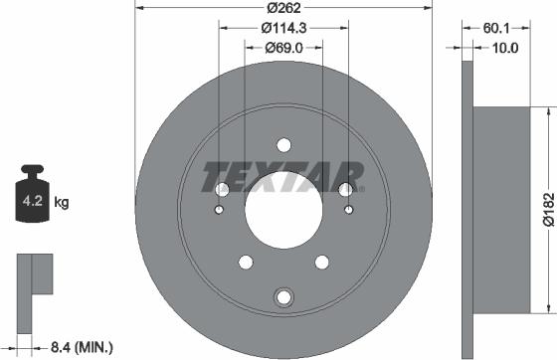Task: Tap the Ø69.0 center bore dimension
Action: click(x=283, y=48)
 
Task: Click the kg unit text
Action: click(x=62, y=204)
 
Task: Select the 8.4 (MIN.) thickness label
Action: click(x=81, y=347)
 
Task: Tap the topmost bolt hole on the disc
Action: click(x=283, y=144)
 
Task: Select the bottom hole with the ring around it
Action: click(x=283, y=295)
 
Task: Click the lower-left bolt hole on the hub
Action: click(x=245, y=263)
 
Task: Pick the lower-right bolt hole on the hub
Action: click(x=322, y=263)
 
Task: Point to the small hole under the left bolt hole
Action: click(x=220, y=210)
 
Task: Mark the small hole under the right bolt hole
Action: click(x=348, y=210)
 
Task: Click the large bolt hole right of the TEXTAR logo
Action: click(x=345, y=189)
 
